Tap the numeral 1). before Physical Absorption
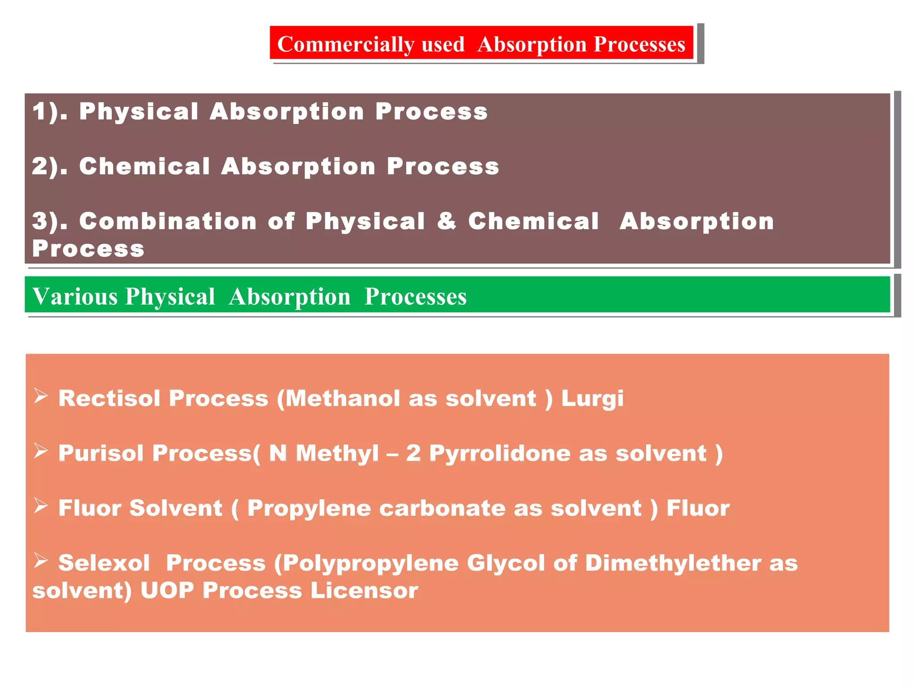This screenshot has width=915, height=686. coord(49,111)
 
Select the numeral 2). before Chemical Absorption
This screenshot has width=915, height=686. coord(49,166)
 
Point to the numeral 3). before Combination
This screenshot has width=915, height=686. coord(49,221)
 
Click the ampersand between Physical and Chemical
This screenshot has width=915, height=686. coord(446,221)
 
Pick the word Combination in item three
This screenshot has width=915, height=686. coord(168,221)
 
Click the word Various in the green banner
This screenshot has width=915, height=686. coord(75,297)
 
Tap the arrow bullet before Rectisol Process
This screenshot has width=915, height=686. coord(41,396)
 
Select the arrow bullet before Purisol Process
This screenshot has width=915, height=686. coord(41,451)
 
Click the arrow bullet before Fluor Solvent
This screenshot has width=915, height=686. coord(41,506)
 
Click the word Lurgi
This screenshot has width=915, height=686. coord(592,398)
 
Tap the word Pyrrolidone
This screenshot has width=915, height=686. coord(499,453)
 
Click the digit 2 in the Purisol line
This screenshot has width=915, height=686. coord(413,453)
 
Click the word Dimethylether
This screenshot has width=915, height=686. coord(673,563)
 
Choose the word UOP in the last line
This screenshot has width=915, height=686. coord(167,590)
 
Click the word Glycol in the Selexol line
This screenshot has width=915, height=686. coord(506,563)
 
